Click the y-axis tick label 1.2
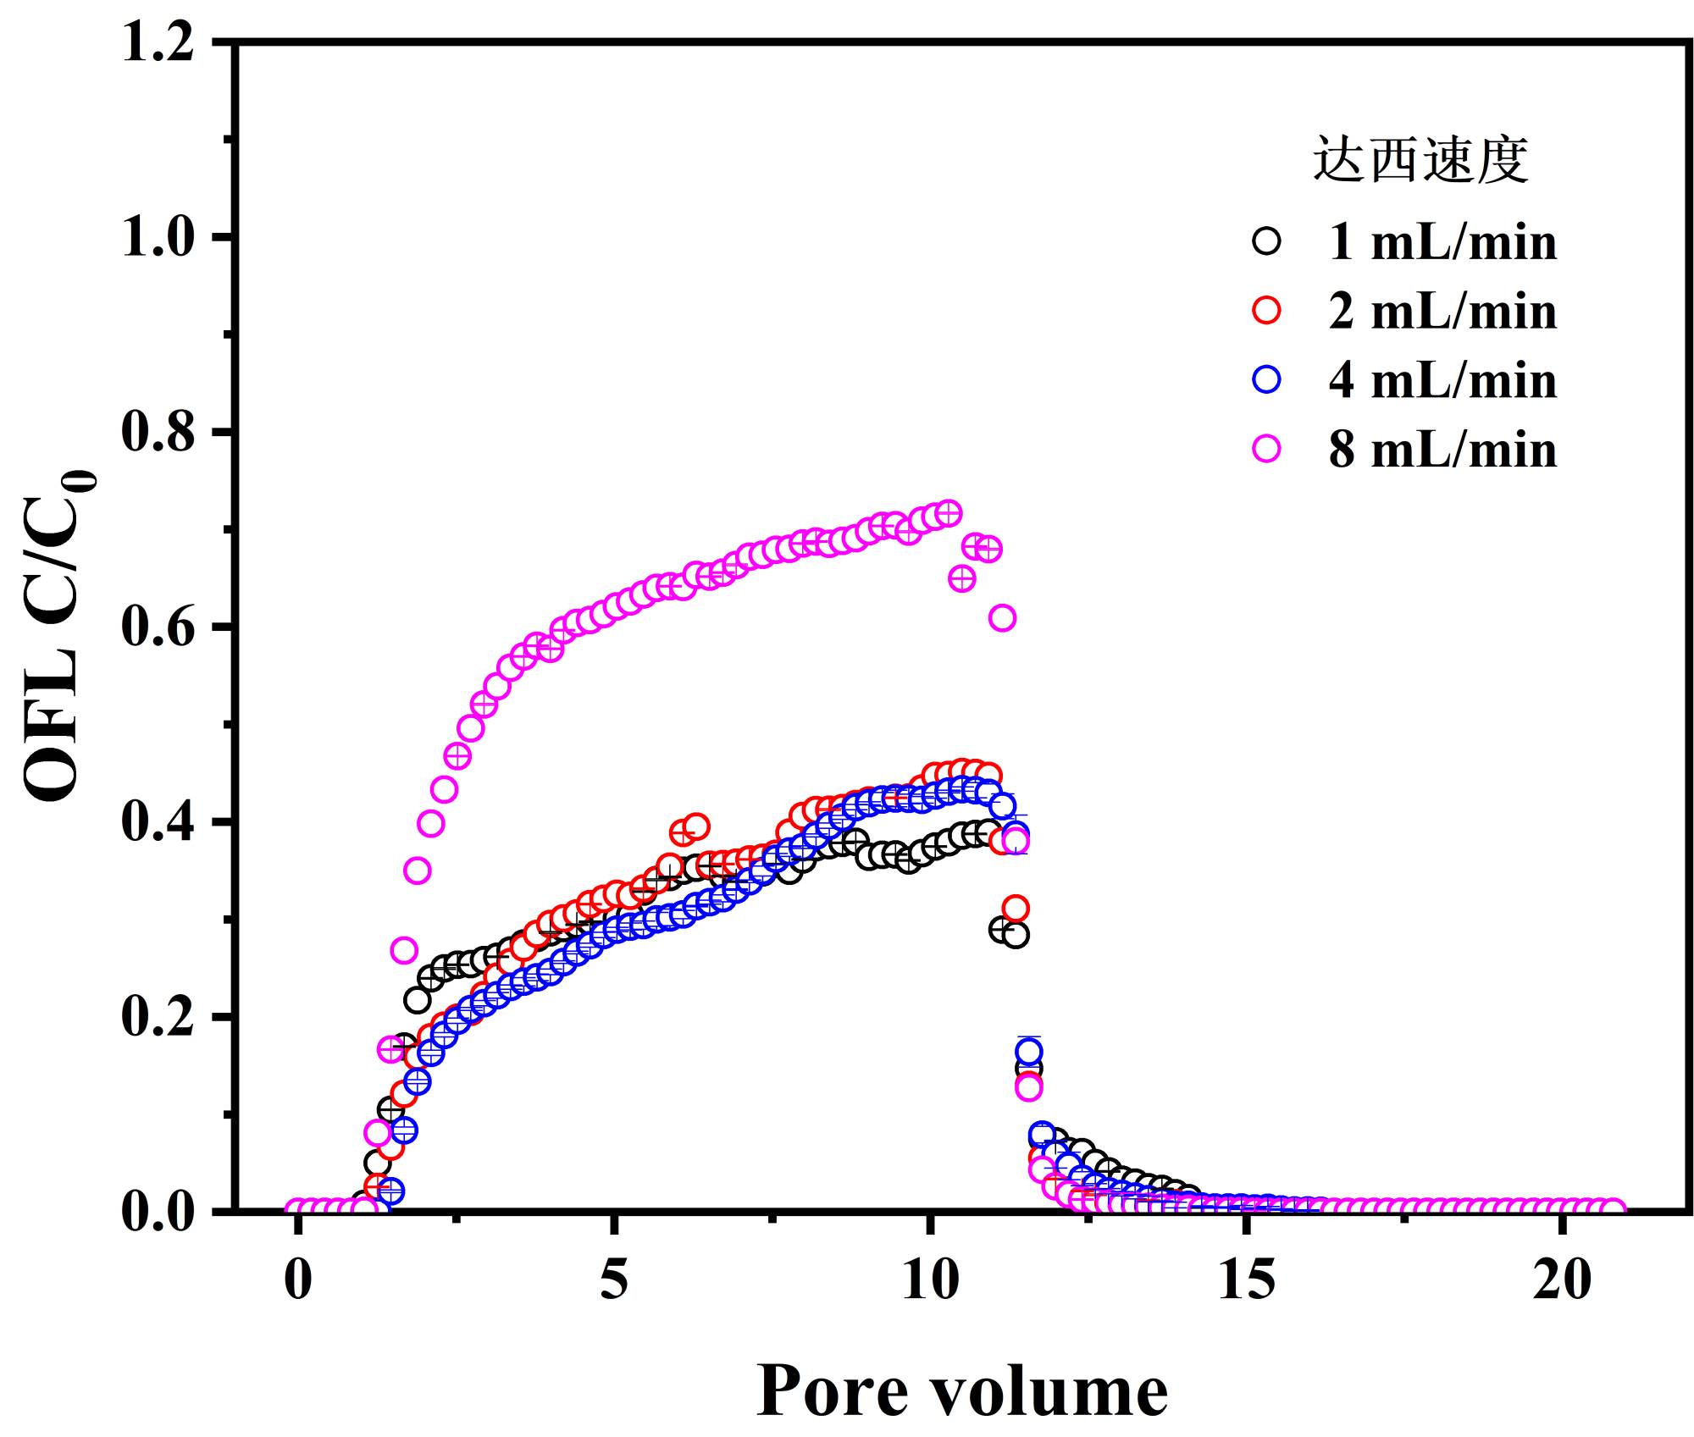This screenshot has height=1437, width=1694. [157, 42]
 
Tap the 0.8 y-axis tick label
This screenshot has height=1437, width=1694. [157, 432]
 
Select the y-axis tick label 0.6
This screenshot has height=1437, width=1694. [157, 627]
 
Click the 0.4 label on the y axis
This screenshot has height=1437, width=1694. [157, 822]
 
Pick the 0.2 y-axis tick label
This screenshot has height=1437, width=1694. [157, 1017]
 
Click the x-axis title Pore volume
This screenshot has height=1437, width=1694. [961, 1390]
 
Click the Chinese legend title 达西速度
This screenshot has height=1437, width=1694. [1420, 158]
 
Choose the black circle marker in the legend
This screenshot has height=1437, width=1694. [1266, 241]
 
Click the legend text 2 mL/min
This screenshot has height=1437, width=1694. [1442, 312]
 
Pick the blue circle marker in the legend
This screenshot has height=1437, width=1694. [1266, 380]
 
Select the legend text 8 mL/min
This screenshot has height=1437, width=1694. [1442, 449]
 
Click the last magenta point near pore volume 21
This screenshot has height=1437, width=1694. [1614, 1210]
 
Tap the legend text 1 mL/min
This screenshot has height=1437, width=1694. [1442, 242]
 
